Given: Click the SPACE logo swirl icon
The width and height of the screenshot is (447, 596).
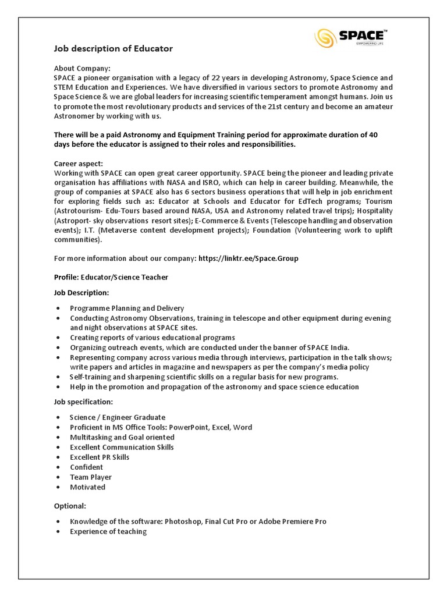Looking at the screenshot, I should (x=325, y=38).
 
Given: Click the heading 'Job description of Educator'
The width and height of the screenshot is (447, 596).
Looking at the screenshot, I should (x=113, y=49).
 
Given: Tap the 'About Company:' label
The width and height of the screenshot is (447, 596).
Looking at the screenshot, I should (x=81, y=68).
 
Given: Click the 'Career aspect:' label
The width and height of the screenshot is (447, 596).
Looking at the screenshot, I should (x=78, y=164).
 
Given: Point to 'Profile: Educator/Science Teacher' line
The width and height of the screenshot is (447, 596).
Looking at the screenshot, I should (x=111, y=277).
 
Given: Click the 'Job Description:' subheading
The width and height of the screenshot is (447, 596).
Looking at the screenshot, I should (x=81, y=292).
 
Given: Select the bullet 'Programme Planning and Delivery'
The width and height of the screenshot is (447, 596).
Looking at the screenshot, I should (x=127, y=308).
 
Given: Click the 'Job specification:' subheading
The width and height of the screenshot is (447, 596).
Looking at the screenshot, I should (x=84, y=402).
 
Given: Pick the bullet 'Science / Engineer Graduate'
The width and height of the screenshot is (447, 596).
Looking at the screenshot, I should (x=118, y=417).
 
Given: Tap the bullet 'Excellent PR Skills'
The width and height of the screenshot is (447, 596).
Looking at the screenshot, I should (x=100, y=457).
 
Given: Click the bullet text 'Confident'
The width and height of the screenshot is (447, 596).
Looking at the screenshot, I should (x=87, y=467).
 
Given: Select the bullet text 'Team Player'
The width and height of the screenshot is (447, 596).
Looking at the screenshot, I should (x=91, y=477).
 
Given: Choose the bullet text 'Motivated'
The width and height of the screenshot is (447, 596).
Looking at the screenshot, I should (x=88, y=487).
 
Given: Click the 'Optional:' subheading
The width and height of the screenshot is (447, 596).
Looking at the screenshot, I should (x=70, y=506).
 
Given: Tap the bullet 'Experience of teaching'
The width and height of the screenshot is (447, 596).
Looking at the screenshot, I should (x=108, y=531).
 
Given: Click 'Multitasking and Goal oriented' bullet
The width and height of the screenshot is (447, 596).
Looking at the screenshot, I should (x=122, y=437).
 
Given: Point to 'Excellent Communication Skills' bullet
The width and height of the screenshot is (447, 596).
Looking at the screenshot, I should (x=122, y=447).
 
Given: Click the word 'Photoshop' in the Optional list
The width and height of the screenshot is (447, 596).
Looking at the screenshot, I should (x=182, y=521).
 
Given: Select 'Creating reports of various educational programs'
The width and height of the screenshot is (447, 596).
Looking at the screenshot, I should (x=152, y=338).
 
